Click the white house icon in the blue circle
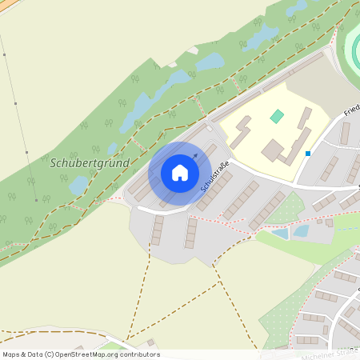pyautogui.click(x=180, y=172)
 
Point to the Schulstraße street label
pyautogui.click(x=214, y=175)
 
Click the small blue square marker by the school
pyautogui.click(x=307, y=153)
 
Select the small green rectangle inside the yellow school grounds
pyautogui.click(x=277, y=116)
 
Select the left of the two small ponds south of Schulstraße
pyautogui.click(x=280, y=234)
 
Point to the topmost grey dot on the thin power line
pyautogui.click(x=4, y=55)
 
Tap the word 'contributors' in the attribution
pyautogui.click(x=139, y=354)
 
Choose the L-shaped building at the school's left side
pyautogui.click(x=242, y=130)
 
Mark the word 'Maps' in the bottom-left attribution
pyautogui.click(x=11, y=354)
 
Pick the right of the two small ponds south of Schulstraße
pyautogui.click(x=301, y=231)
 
